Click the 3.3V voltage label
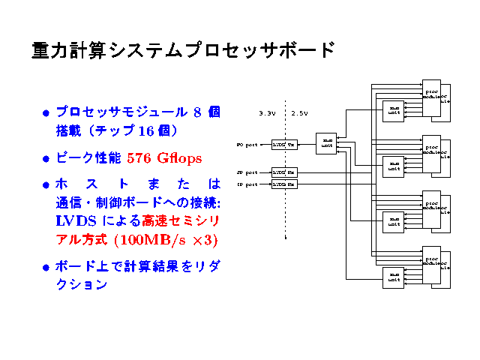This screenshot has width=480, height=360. click(x=267, y=113)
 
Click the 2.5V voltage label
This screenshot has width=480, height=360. click(x=300, y=113)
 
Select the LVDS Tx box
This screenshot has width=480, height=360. click(x=284, y=144)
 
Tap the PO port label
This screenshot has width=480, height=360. click(x=247, y=144)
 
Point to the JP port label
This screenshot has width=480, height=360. click(x=247, y=172)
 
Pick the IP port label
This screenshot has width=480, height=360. click(x=247, y=184)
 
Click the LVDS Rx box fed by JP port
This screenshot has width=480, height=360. click(x=284, y=172)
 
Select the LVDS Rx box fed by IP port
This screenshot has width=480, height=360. click(x=284, y=184)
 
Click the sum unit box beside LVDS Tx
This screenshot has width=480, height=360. click(x=327, y=142)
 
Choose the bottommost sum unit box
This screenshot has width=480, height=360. click(x=393, y=277)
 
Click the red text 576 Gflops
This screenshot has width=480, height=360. click(x=164, y=158)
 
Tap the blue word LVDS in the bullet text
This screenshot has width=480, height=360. click(x=76, y=221)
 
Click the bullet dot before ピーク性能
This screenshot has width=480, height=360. click(x=46, y=159)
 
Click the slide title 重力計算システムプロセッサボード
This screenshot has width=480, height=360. click(x=182, y=50)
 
